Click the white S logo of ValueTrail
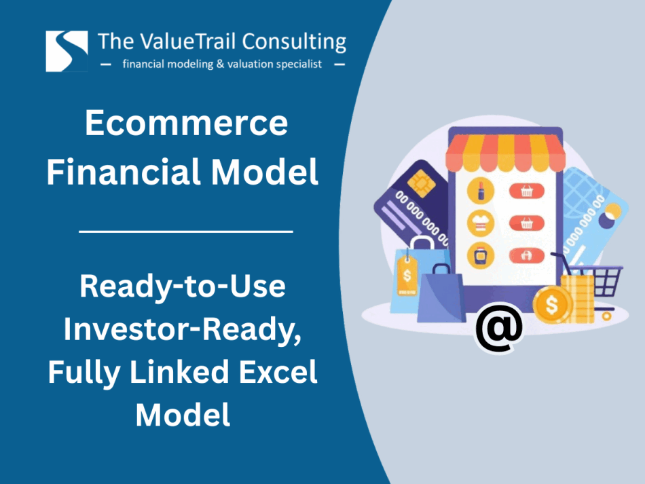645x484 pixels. pyautogui.click(x=67, y=52)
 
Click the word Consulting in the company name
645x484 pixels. pyautogui.click(x=294, y=42)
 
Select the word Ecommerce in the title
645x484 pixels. pyautogui.click(x=186, y=123)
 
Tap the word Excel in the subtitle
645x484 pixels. pyautogui.click(x=278, y=371)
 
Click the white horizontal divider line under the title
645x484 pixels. pyautogui.click(x=186, y=231)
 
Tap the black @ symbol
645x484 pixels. pyautogui.click(x=499, y=327)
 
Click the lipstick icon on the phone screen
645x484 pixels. pyautogui.click(x=481, y=191)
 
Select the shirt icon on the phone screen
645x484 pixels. pyautogui.click(x=481, y=223)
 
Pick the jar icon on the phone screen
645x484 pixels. pyautogui.click(x=481, y=256)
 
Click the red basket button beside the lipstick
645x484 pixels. pyautogui.click(x=527, y=191)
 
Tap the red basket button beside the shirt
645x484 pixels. pyautogui.click(x=527, y=223)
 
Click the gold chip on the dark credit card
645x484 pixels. pyautogui.click(x=421, y=183)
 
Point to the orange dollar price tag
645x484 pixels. pyautogui.click(x=407, y=276)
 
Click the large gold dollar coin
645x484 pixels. pyautogui.click(x=551, y=305)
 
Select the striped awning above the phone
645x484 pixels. pyautogui.click(x=506, y=153)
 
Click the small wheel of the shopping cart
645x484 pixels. pyautogui.click(x=606, y=316)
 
